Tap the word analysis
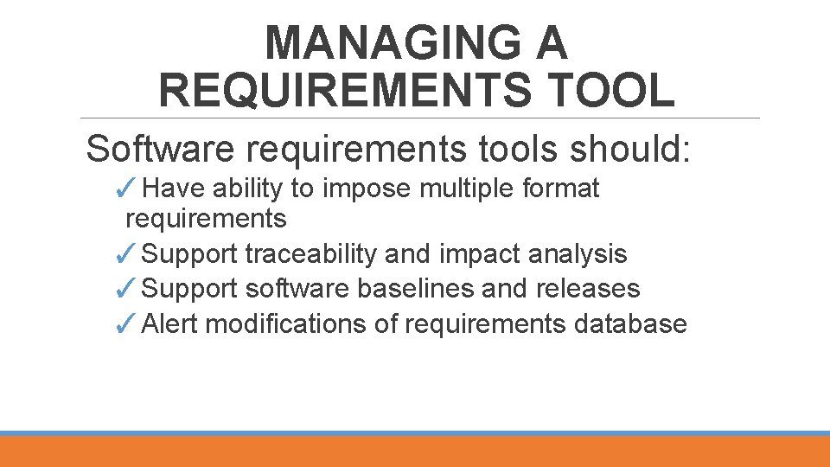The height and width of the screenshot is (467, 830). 577,254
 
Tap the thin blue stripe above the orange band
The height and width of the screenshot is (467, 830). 415,433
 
